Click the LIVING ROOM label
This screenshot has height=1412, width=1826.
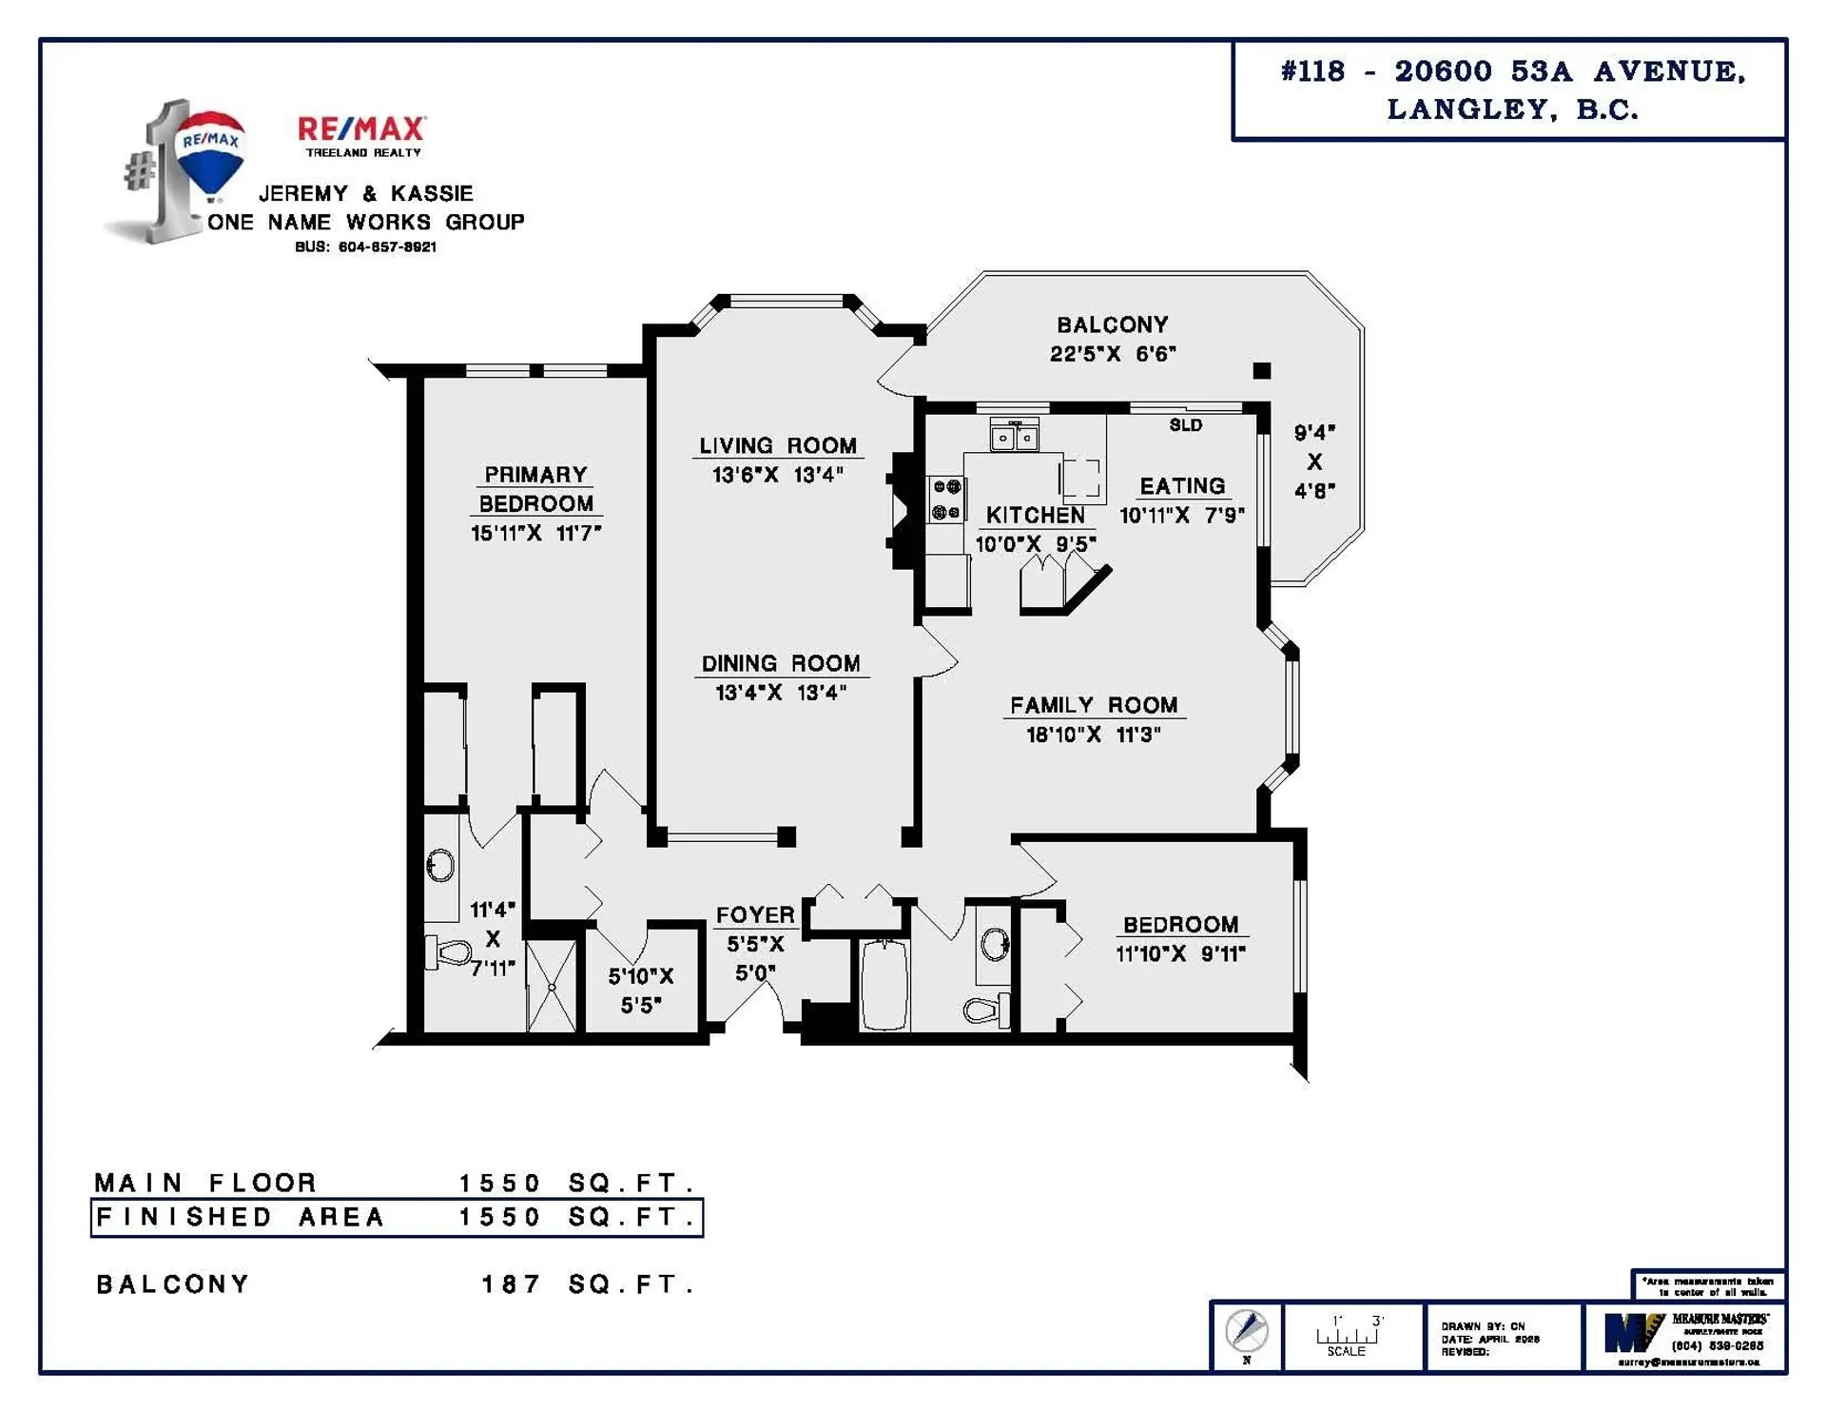(778, 445)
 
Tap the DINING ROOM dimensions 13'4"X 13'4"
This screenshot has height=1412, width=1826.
(781, 693)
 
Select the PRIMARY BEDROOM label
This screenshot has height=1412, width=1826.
(535, 488)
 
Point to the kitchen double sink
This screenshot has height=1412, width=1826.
(1014, 437)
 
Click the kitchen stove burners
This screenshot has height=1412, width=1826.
(946, 500)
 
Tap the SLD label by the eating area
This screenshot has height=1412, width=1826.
(1185, 425)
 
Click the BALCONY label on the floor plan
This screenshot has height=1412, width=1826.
(1113, 324)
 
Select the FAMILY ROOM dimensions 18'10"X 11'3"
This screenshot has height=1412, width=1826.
(1093, 735)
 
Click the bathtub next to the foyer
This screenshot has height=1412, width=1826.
(884, 984)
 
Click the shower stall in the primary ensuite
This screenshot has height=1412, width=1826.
(552, 986)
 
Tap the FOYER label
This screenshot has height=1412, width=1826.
(755, 914)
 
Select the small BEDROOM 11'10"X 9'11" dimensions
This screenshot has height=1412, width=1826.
(1180, 953)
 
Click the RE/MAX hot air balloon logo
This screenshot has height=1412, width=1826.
(211, 152)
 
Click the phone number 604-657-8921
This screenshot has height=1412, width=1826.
(387, 246)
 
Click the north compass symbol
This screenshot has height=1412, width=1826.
(1247, 1331)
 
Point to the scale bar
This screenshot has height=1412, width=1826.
(1347, 1336)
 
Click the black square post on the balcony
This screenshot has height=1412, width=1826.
(1262, 371)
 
